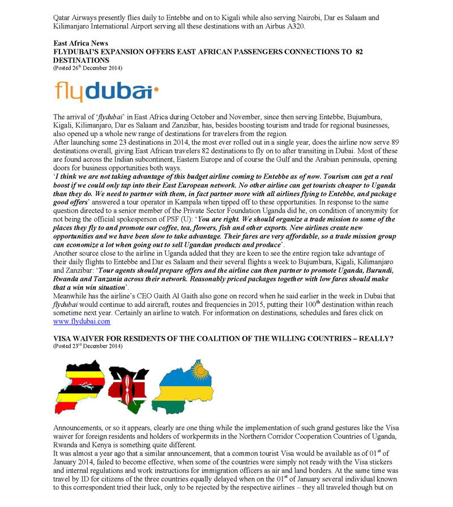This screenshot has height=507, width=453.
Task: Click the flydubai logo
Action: [x=105, y=92]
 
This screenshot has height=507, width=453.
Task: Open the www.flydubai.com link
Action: [x=82, y=322]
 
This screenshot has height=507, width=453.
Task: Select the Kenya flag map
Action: [x=129, y=388]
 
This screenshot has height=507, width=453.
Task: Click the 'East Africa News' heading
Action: [x=80, y=43]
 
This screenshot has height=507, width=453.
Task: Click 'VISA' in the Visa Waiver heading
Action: [x=63, y=338]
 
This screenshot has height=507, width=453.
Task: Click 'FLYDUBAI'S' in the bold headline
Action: [x=77, y=52]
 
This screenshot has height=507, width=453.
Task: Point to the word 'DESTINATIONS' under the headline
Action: [x=81, y=60]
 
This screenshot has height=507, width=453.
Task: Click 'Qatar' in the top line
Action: [x=62, y=18]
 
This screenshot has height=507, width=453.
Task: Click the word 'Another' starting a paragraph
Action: [x=67, y=252]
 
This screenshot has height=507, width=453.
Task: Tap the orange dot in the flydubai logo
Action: [x=157, y=88]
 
